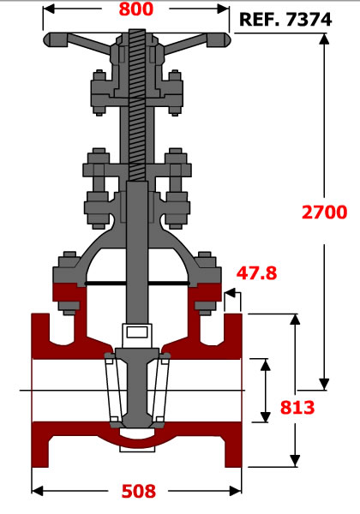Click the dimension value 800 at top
(135, 9)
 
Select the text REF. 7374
(285, 20)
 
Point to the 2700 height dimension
(324, 212)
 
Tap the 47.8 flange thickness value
(257, 272)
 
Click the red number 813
(297, 408)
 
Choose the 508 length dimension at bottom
(139, 491)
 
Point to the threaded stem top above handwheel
(137, 33)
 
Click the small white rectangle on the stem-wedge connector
(137, 332)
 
